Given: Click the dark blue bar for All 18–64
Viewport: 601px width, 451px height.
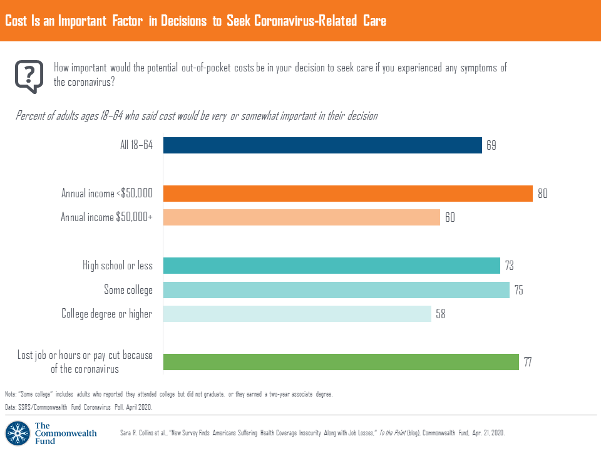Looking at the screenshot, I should click(x=322, y=145).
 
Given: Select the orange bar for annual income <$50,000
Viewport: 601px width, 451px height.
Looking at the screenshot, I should click(x=347, y=194).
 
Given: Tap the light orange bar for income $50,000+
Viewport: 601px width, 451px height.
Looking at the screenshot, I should click(x=301, y=217).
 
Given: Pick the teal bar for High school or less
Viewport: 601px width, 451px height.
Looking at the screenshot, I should click(x=332, y=266).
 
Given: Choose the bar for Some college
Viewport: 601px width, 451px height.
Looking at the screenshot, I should click(x=336, y=290).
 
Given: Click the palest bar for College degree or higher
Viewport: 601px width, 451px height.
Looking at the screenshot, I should click(x=297, y=314).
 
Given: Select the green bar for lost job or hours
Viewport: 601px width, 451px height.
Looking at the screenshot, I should click(x=341, y=362).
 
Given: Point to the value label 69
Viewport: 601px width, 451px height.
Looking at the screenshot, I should click(x=492, y=145).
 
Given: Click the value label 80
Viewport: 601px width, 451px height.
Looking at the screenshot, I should click(x=542, y=194).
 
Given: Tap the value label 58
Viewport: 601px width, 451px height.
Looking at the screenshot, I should click(x=441, y=314).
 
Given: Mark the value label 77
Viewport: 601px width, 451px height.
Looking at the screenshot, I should click(x=529, y=362).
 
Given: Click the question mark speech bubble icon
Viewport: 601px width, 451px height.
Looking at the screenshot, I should click(x=29, y=76).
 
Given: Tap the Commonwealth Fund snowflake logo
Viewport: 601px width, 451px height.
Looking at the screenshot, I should click(x=18, y=432).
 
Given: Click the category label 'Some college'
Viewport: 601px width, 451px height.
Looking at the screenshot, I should click(x=128, y=290).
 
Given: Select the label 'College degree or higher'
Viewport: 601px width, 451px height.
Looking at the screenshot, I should click(x=106, y=314).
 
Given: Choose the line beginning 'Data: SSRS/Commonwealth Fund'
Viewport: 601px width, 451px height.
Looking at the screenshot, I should click(x=78, y=407).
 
